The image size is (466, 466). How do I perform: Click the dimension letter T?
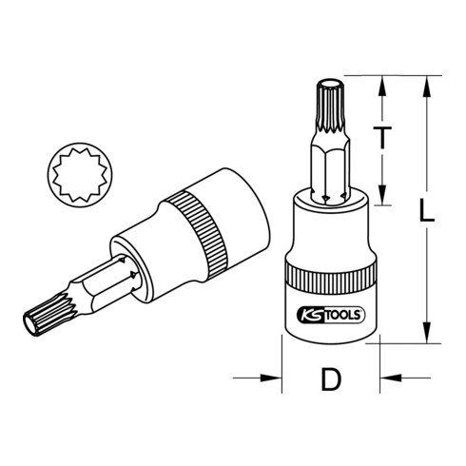point(382,138)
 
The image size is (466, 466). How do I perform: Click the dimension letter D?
point(330,380)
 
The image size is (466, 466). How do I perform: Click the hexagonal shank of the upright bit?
point(326,171)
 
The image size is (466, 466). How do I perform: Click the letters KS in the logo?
point(312,315)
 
